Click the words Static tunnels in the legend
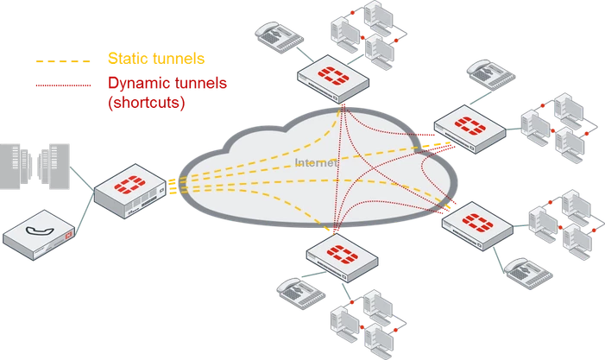[156, 59]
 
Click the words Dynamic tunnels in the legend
[167, 84]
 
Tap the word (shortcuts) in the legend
[147, 102]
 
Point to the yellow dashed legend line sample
[63, 61]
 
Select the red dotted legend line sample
[63, 85]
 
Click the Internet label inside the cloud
[317, 162]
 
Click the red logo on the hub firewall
[129, 184]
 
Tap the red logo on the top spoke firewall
[332, 75]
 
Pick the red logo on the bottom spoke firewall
[343, 254]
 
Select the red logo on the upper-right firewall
[470, 125]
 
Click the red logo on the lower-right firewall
[477, 223]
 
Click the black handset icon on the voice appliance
[40, 231]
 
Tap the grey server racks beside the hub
[35, 167]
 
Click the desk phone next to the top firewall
[279, 37]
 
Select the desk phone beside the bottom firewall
[301, 293]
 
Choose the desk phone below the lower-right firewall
[528, 274]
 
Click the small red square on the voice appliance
[69, 237]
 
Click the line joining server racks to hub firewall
[82, 179]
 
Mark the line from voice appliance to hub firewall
[85, 213]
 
